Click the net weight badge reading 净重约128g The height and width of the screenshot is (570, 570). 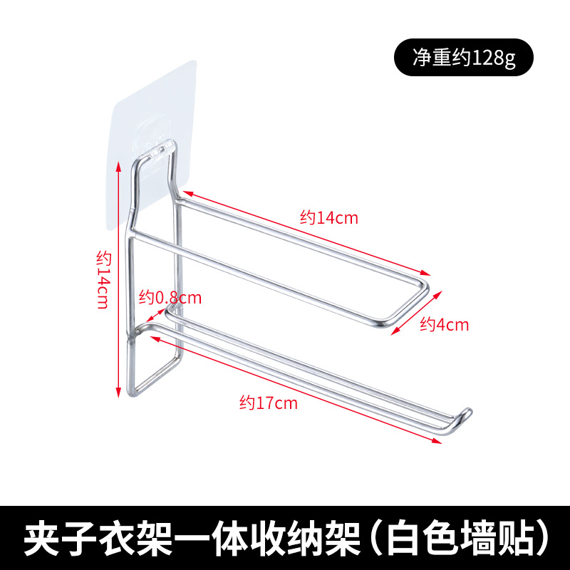(x=463, y=58)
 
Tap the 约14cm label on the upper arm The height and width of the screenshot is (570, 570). (x=328, y=218)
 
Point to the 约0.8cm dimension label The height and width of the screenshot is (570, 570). (x=170, y=296)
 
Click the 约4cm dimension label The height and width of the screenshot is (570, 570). (x=445, y=325)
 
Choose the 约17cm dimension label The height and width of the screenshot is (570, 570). (x=268, y=403)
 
